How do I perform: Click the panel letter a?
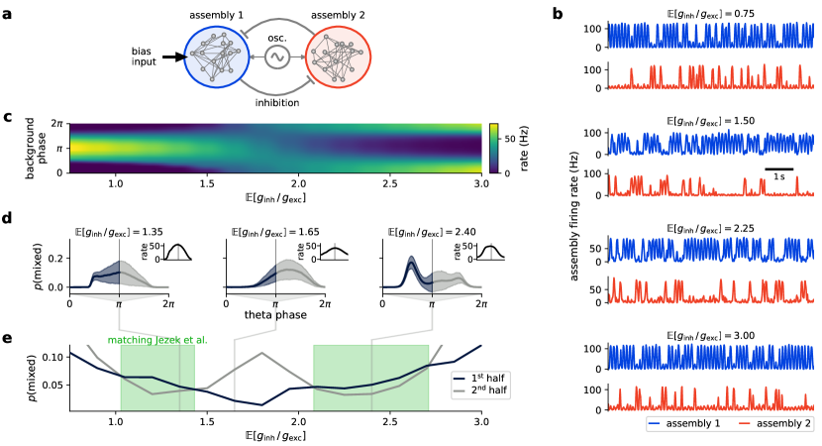point(8,17)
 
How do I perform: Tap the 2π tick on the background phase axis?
point(58,123)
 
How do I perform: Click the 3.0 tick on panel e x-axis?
point(481,423)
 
